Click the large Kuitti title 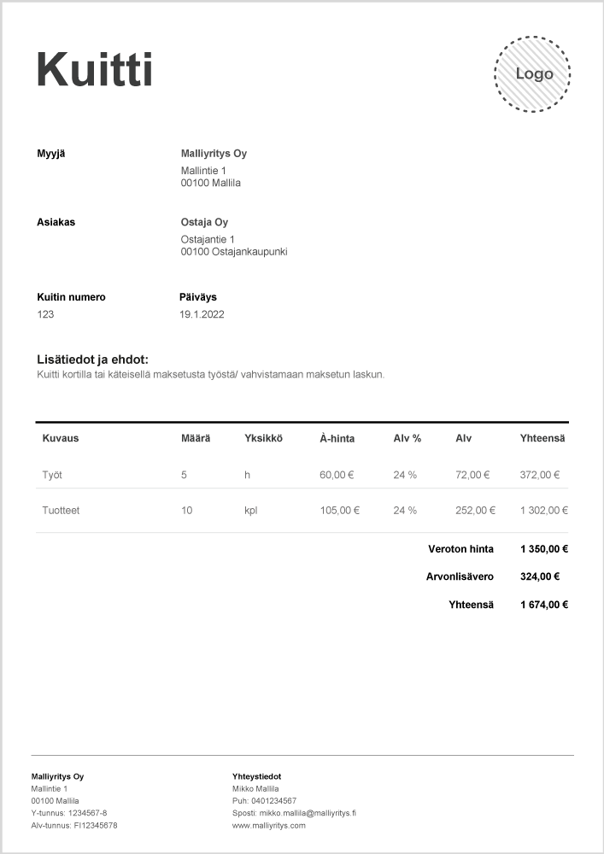94,69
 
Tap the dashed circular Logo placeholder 533,74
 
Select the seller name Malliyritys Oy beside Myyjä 214,154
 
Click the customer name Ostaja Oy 204,223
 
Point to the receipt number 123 45,314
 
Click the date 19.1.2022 202,314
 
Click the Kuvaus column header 61,438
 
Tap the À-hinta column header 337,438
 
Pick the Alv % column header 407,438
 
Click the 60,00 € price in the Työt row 337,475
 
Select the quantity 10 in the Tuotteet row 186,511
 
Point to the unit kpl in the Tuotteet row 250,511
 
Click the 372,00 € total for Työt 539,475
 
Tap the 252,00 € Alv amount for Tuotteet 475,511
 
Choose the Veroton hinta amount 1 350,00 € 543,549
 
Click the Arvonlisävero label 460,576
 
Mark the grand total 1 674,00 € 543,605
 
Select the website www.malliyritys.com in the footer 268,826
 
